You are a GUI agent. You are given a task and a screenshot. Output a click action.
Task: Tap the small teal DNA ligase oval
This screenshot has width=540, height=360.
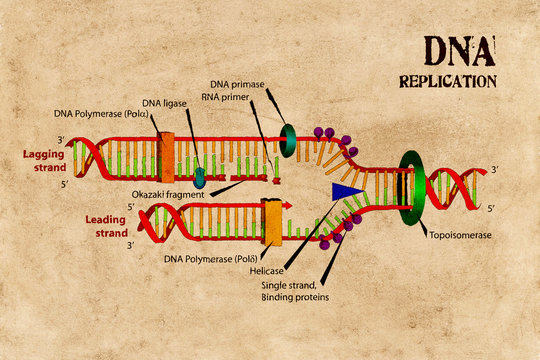200,177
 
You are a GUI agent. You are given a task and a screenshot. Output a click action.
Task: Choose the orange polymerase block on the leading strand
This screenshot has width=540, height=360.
271,221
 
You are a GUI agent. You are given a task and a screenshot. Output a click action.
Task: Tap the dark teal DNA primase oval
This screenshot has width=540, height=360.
288,141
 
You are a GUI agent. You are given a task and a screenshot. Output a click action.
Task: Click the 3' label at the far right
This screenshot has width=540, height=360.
495,171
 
